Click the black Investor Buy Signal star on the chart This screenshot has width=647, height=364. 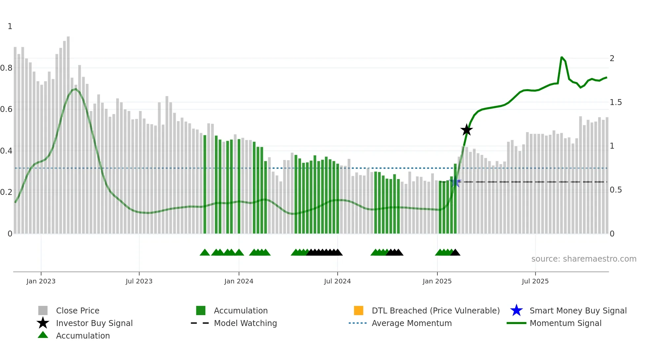click(x=466, y=130)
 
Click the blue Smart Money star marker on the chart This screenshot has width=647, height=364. click(x=456, y=182)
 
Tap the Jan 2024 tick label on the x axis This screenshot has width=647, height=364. click(x=239, y=281)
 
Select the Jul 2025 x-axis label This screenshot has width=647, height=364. click(x=535, y=281)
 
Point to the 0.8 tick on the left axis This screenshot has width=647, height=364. click(x=6, y=68)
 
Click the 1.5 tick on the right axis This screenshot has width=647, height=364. click(x=616, y=102)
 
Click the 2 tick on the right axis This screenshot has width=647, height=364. click(x=612, y=58)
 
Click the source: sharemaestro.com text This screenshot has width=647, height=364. click(x=584, y=259)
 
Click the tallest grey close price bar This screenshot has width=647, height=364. click(x=68, y=132)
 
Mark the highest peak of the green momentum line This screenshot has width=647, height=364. click(x=562, y=57)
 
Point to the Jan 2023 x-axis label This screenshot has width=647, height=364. click(x=41, y=281)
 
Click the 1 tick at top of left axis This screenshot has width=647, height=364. click(x=10, y=26)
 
